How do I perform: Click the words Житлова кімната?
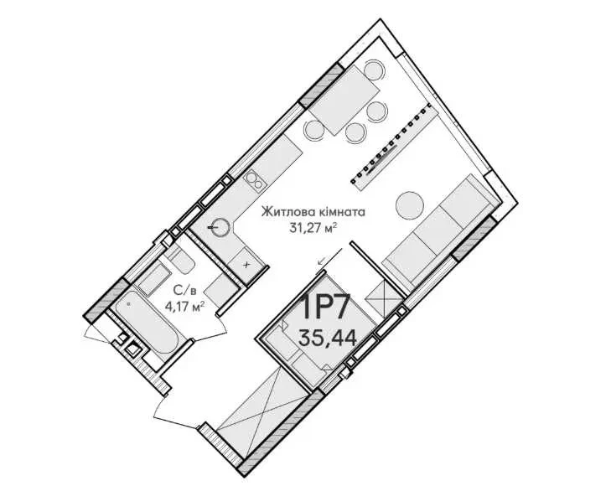313,212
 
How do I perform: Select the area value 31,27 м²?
313,227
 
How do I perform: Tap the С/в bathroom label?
185,290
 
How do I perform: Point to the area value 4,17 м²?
185,307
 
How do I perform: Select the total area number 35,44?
328,338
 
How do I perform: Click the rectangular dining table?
344,100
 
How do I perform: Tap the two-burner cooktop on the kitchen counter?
254,180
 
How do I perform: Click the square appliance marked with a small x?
246,265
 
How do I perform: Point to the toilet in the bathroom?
182,261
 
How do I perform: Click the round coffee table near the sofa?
410,204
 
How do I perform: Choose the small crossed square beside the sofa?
385,298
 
